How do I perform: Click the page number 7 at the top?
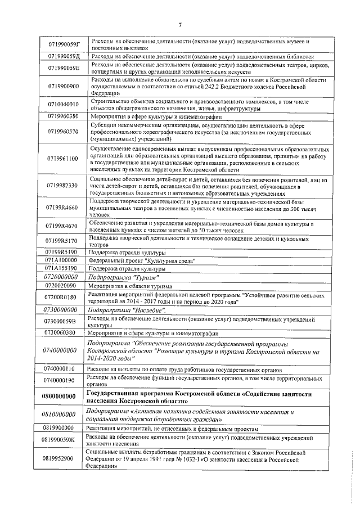(x=180, y=24)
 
